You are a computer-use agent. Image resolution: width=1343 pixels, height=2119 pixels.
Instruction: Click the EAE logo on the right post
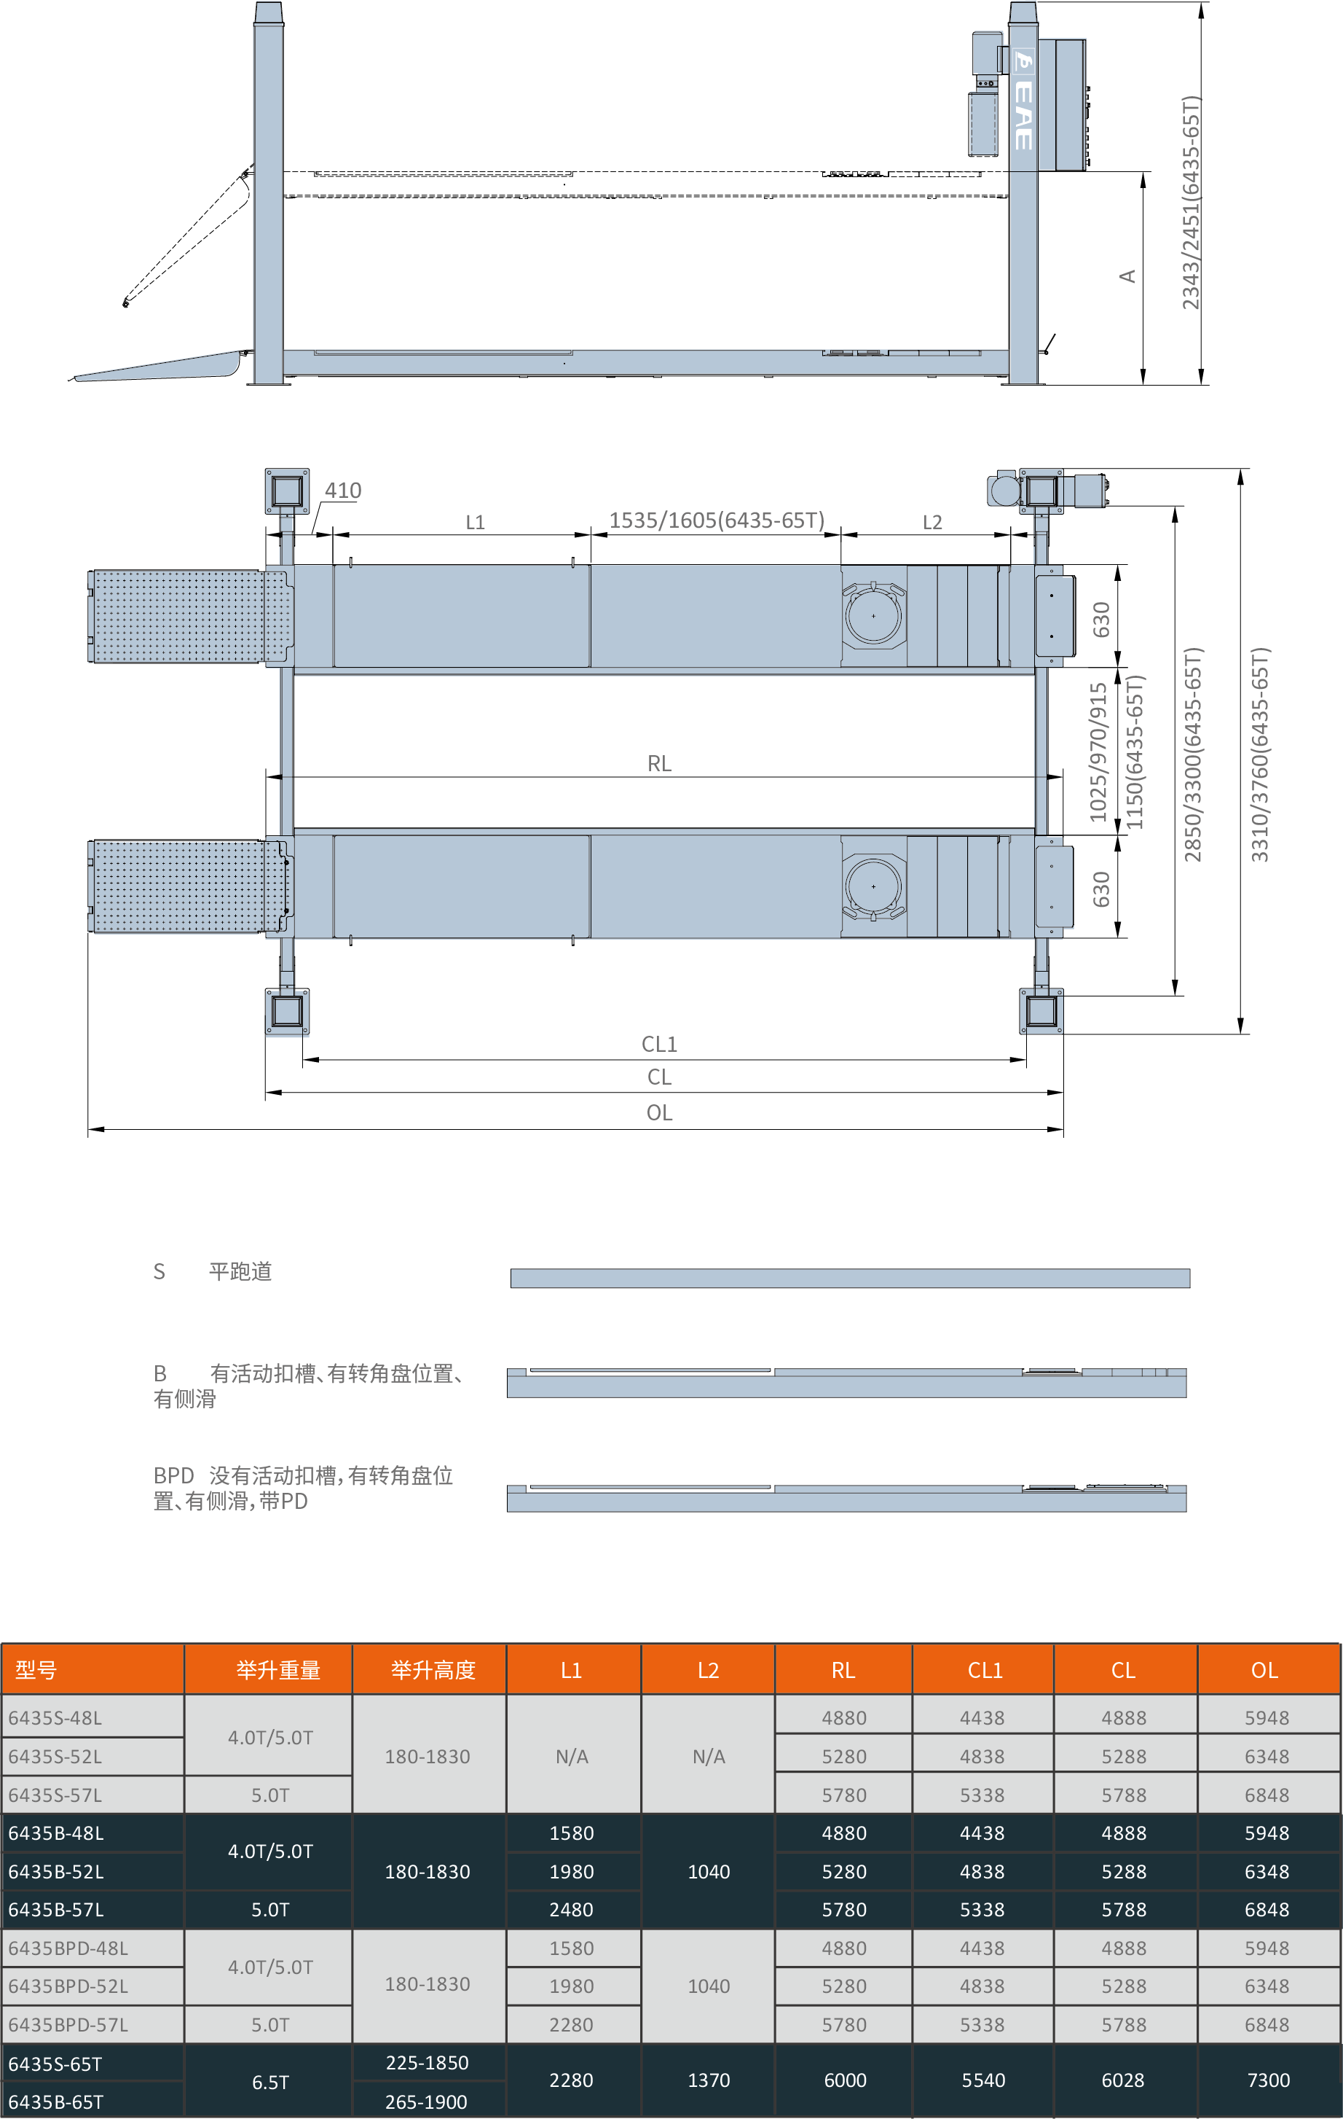point(1023,102)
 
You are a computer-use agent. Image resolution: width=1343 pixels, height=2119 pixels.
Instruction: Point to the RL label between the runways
point(658,764)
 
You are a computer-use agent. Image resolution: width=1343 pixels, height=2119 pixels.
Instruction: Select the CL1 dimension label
point(658,1045)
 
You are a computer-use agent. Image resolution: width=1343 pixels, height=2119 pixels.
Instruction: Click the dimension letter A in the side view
point(1127,276)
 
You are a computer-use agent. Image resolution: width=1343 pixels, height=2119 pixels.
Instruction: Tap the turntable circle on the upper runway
point(873,616)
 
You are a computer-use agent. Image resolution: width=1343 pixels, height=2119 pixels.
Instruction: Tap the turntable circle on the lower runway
point(873,886)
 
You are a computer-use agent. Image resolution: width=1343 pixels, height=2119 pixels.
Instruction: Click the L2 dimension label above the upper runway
point(932,523)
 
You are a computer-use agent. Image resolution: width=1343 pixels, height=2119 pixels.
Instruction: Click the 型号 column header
point(36,1670)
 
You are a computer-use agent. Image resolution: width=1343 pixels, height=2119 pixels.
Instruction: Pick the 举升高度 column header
point(433,1670)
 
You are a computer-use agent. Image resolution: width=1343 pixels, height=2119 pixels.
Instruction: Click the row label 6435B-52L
point(56,1872)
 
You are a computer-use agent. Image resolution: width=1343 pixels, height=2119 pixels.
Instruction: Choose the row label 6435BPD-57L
point(68,2025)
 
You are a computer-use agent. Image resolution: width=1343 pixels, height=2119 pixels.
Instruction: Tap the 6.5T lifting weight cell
point(270,2082)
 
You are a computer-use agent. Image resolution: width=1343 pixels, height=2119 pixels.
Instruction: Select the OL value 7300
point(1268,2080)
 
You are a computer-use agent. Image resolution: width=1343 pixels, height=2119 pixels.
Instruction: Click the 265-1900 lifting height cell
point(427,2102)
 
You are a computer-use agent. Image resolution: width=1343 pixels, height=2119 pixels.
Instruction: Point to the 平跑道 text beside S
point(240,1271)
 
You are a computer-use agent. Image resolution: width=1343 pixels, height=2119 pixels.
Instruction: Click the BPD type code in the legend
point(173,1476)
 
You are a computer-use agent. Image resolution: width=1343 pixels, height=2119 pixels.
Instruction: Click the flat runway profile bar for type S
point(850,1278)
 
